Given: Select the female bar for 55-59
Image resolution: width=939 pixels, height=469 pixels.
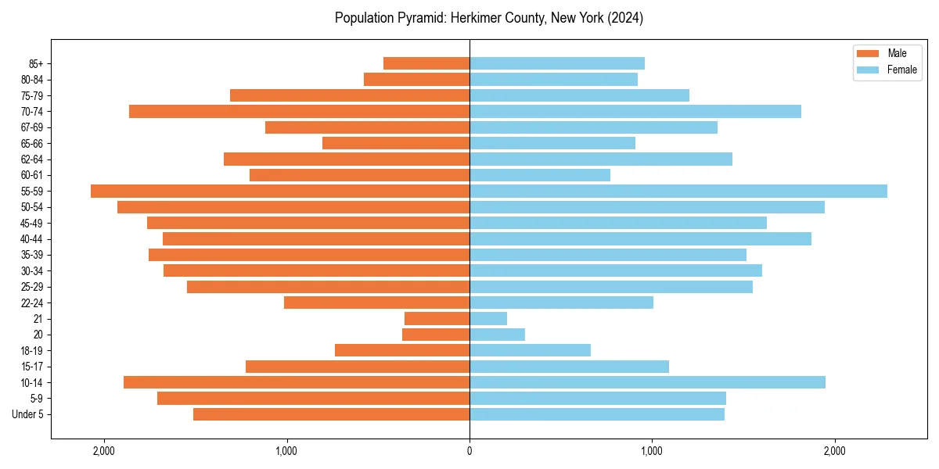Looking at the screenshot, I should (678, 191).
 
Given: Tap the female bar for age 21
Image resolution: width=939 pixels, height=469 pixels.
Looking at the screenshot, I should (488, 318).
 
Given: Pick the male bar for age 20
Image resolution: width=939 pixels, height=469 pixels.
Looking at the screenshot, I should (436, 335).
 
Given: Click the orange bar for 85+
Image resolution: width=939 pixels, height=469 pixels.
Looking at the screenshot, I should (426, 63).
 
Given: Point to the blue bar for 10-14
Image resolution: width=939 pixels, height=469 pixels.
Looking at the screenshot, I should (647, 382).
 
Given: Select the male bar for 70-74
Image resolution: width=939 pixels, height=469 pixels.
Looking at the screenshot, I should (299, 111).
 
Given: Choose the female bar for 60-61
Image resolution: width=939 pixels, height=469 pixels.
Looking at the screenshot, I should (540, 175).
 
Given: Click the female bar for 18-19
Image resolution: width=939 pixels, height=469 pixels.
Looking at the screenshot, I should (530, 350).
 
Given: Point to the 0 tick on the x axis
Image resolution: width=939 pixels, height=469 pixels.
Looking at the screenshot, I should (469, 450).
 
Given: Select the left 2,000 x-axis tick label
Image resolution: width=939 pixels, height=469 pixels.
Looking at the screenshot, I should (104, 450).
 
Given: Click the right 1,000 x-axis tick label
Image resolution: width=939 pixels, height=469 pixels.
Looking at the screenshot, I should (652, 450).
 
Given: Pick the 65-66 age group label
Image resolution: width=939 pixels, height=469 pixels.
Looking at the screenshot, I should (32, 143).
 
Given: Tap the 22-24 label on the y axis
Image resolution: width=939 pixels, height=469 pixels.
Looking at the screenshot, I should (32, 303).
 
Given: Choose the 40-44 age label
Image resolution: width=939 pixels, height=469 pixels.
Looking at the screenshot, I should (32, 239).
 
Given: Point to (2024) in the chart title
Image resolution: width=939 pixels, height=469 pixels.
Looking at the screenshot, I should (624, 18).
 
